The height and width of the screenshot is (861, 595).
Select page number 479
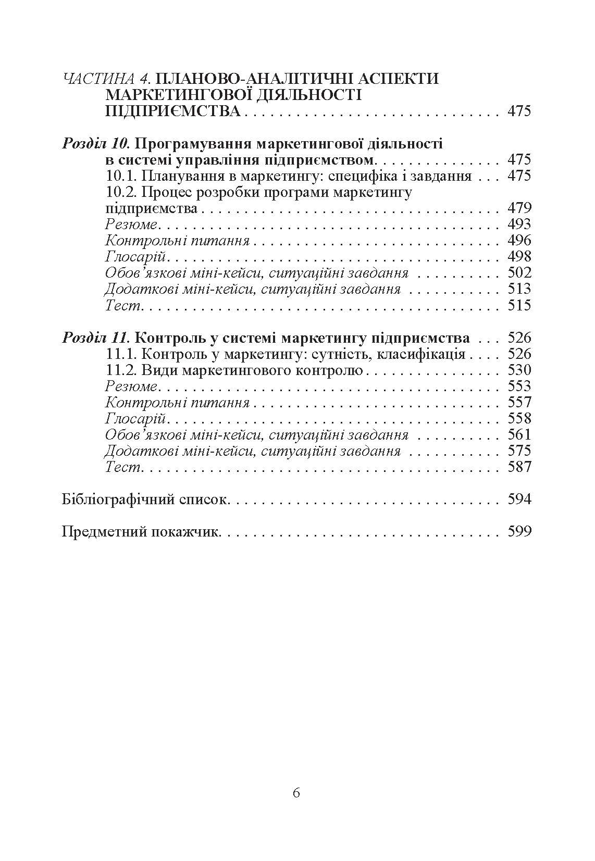tap(519, 208)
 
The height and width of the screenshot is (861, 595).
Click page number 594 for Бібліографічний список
tap(519, 500)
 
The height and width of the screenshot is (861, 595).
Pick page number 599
tap(519, 532)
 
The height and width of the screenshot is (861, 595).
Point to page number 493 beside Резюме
tap(519, 224)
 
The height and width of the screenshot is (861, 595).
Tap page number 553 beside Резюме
tap(519, 386)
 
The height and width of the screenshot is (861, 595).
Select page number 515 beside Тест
tap(519, 305)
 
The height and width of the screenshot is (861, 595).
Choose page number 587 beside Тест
tap(519, 467)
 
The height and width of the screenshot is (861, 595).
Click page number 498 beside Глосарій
tap(519, 257)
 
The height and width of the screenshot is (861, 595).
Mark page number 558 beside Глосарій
tap(519, 419)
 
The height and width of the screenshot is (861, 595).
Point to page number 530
tap(519, 370)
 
